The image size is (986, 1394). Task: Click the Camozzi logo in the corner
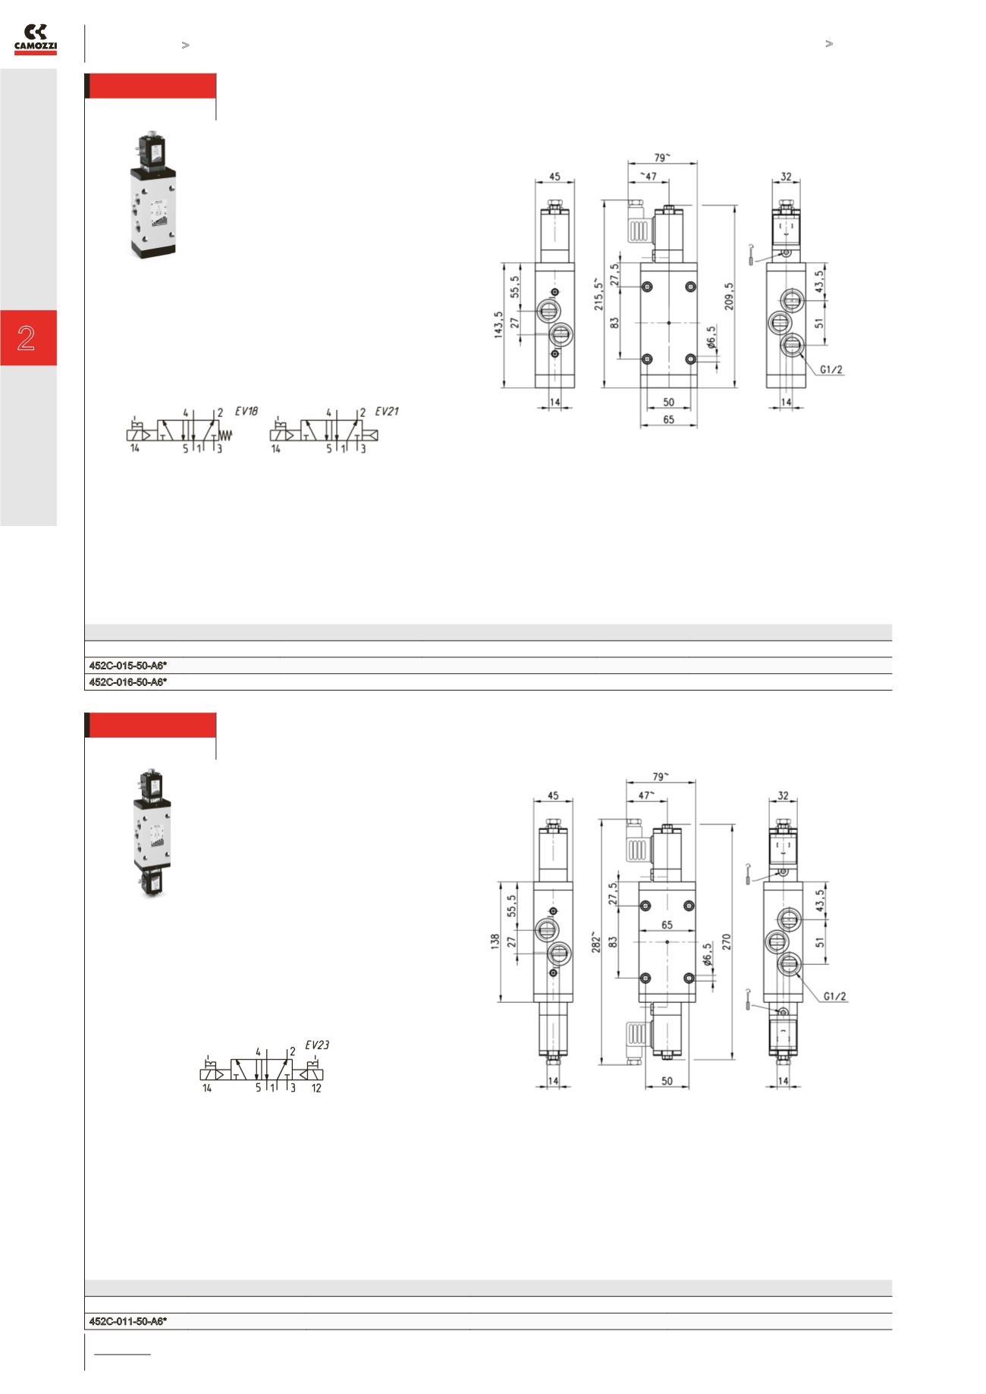point(35,39)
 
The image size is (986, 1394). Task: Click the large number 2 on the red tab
point(27,338)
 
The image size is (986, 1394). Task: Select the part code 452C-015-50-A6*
point(128,666)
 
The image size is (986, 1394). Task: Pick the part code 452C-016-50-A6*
point(128,682)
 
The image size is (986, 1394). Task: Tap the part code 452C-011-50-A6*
point(128,1321)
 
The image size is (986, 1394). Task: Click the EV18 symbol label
point(246,412)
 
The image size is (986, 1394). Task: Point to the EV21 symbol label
point(387,412)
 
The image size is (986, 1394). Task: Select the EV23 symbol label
point(317,1045)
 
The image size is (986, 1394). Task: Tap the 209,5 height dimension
point(730,296)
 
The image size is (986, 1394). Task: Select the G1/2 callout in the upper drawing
point(831,370)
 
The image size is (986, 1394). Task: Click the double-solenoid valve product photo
point(152,836)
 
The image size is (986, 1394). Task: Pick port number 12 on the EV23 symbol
point(317,1088)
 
